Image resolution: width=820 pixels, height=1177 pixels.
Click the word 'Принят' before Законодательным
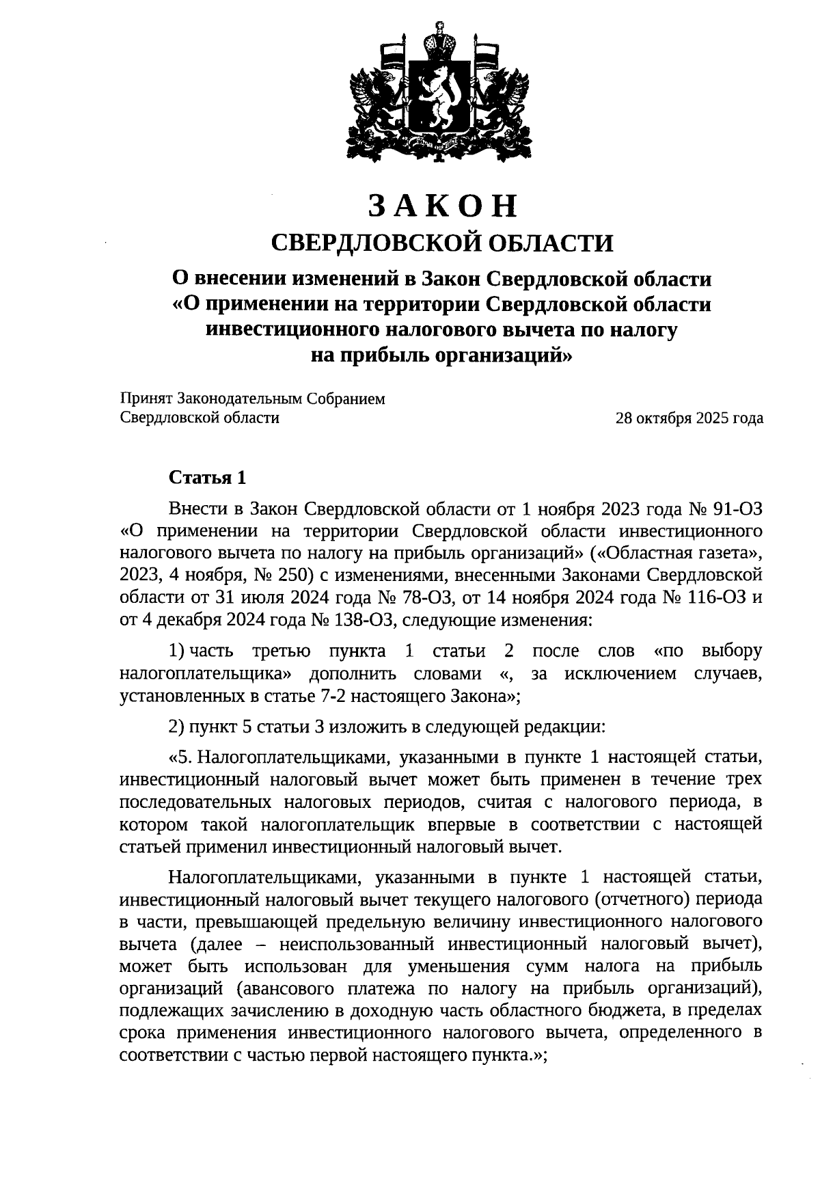146,399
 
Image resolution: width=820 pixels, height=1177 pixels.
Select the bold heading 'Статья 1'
207,477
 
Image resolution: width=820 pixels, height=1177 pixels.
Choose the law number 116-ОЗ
715,597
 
